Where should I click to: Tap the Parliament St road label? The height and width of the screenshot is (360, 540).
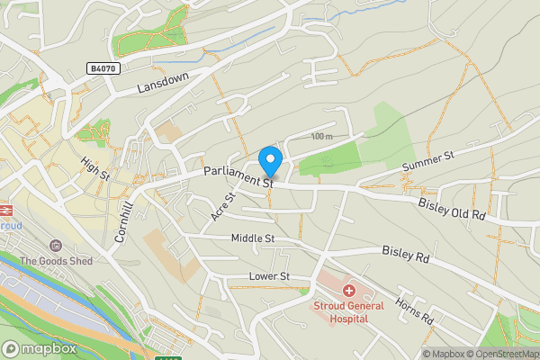pyautogui.click(x=238, y=175)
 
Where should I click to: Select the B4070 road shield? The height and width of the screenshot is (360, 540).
pyautogui.click(x=103, y=68)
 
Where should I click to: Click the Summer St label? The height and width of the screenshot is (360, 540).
pyautogui.click(x=429, y=162)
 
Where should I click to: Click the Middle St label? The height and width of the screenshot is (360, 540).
pyautogui.click(x=252, y=238)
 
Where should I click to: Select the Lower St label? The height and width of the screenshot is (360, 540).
pyautogui.click(x=270, y=276)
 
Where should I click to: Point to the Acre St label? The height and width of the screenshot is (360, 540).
pyautogui.click(x=221, y=207)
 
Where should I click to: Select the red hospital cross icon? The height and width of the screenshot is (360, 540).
pyautogui.click(x=348, y=291)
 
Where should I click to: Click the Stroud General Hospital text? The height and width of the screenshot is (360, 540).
pyautogui.click(x=348, y=311)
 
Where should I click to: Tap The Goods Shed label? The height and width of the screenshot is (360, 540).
pyautogui.click(x=56, y=261)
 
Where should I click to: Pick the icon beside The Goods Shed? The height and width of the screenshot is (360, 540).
pyautogui.click(x=56, y=246)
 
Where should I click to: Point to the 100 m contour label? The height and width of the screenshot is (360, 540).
pyautogui.click(x=320, y=136)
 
